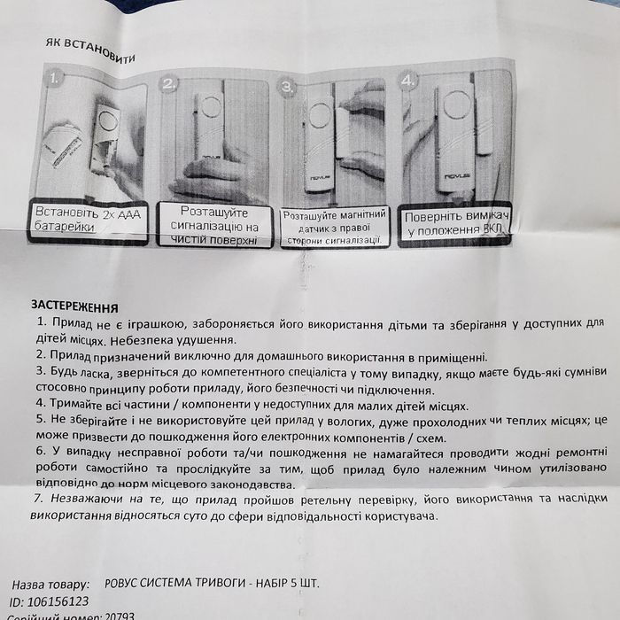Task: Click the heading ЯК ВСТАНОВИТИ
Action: (90, 48)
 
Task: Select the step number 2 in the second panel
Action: (169, 84)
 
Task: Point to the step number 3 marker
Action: (286, 87)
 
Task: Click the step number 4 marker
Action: (407, 81)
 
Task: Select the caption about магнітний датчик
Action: (334, 227)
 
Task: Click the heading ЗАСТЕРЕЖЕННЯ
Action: (74, 306)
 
